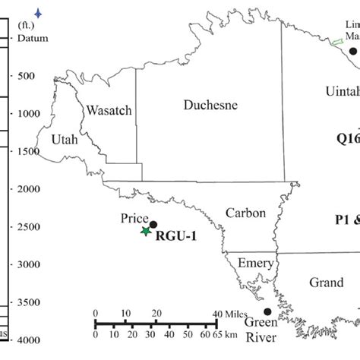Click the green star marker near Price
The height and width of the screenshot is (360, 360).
coord(146,231)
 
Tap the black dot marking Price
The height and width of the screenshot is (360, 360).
coord(153,224)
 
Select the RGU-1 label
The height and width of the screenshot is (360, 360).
coord(175,236)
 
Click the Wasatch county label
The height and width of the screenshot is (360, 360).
coord(109,110)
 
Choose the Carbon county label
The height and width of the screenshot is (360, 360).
coord(245,213)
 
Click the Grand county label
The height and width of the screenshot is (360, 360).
coord(326,283)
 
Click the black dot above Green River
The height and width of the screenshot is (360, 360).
coord(267,311)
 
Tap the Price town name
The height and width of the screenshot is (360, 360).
coord(134,218)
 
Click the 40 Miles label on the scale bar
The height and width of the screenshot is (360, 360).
coord(229,314)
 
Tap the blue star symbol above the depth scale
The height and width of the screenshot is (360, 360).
coord(38,13)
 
